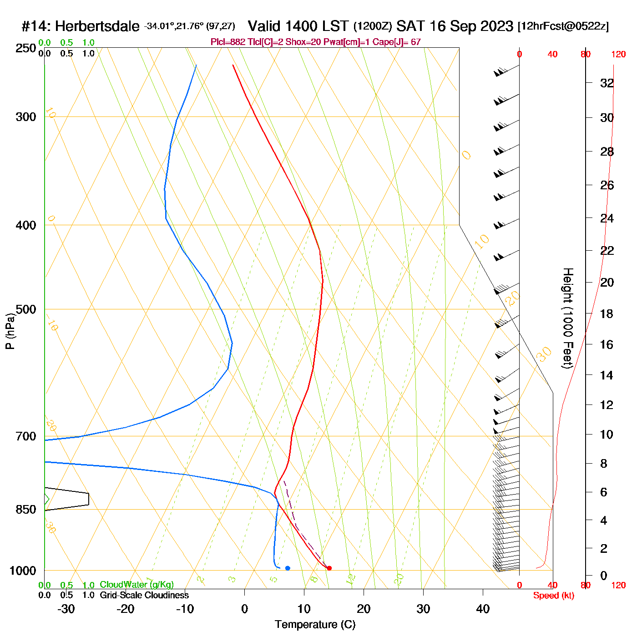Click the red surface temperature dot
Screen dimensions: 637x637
tap(329, 568)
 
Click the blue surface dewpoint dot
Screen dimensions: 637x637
tap(288, 568)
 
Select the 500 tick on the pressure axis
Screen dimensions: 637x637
tap(26, 309)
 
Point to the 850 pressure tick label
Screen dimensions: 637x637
tap(26, 510)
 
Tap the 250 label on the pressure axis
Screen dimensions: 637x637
tap(26, 48)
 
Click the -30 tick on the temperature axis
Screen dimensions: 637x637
tap(66, 609)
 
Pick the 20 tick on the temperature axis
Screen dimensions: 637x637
tap(364, 609)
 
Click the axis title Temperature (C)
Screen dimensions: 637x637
tap(315, 625)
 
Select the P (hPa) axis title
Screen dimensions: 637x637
tap(10, 331)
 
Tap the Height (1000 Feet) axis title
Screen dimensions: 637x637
tap(567, 318)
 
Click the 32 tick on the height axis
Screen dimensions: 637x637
tap(607, 83)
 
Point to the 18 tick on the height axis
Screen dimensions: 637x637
tap(607, 313)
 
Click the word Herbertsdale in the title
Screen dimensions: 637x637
tap(97, 26)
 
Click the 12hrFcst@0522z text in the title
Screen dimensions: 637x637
tap(563, 26)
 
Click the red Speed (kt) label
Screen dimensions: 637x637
tap(554, 596)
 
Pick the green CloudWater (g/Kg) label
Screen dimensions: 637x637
tap(136, 585)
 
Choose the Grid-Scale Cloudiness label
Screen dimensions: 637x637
tap(144, 595)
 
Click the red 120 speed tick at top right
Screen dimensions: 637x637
tap(618, 55)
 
